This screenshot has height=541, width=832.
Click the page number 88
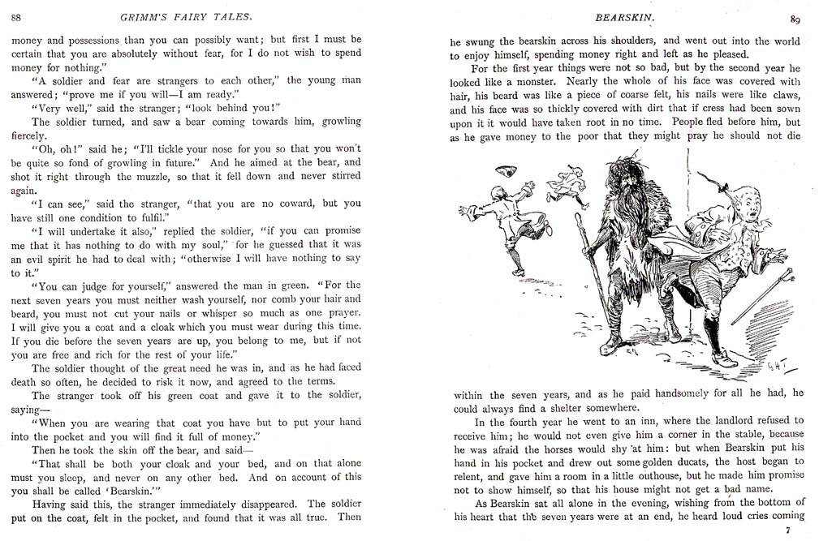16,18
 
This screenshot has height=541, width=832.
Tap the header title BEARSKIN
621,17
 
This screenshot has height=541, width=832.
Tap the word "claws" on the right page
782,96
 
